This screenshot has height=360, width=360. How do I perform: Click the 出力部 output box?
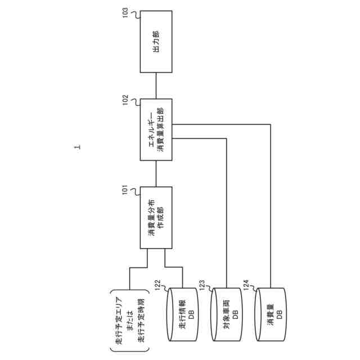156,40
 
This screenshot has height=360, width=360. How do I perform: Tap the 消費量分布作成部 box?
156,218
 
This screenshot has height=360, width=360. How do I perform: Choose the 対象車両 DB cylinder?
226,314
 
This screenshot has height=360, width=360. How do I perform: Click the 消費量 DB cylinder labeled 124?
271,314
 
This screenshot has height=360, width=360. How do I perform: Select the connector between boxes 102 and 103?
156,85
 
